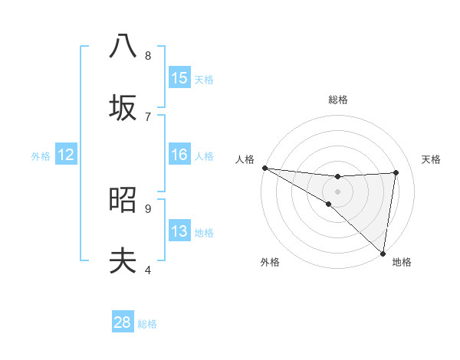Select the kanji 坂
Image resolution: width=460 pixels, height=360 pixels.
click(x=123, y=107)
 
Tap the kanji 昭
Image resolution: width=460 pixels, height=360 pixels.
click(x=123, y=200)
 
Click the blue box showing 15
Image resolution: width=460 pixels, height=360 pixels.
click(x=179, y=78)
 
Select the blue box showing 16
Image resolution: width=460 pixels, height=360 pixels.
click(x=179, y=155)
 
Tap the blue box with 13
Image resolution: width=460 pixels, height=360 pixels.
click(x=179, y=231)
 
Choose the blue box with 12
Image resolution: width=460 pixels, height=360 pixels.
click(x=66, y=155)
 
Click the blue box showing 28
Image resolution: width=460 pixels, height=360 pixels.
click(x=123, y=322)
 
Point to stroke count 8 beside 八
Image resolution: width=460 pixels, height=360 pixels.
click(x=148, y=55)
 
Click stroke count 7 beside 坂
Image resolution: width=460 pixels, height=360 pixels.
click(x=148, y=116)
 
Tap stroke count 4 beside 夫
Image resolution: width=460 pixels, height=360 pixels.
click(x=148, y=270)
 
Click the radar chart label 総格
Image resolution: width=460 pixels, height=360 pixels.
click(x=338, y=100)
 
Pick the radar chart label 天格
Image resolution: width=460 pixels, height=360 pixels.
click(x=431, y=159)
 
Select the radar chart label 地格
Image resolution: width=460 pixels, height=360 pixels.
click(x=402, y=262)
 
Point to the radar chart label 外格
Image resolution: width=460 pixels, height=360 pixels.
click(x=270, y=262)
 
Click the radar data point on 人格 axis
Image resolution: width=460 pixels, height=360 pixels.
click(x=264, y=168)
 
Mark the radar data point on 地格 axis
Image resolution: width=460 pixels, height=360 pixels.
click(x=383, y=253)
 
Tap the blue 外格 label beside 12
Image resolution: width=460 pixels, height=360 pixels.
click(x=41, y=156)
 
